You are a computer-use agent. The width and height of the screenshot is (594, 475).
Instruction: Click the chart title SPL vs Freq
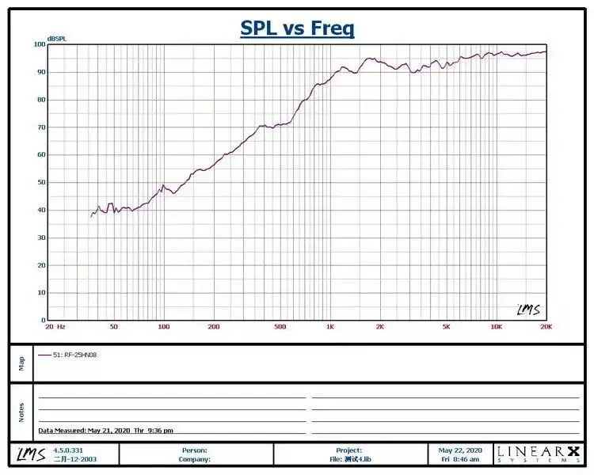(297, 29)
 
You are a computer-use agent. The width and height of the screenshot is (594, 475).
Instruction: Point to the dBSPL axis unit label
(56, 39)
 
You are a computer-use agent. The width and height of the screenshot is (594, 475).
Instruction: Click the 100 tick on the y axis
(40, 44)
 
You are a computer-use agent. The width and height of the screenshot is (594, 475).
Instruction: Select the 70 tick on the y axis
(41, 127)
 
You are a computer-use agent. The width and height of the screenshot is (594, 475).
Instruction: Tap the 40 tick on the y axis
(41, 210)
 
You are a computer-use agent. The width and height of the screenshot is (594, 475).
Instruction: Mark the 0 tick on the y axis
(43, 320)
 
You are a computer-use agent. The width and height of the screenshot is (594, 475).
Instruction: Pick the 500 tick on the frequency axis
(280, 326)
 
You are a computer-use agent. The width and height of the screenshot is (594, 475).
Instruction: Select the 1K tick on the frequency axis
(330, 326)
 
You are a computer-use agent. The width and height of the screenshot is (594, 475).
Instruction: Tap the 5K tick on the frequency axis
(446, 326)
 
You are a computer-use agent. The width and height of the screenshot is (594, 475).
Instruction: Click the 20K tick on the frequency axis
(545, 326)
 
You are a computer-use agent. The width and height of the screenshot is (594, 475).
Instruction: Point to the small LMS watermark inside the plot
(528, 310)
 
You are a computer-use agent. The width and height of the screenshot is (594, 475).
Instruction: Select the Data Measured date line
(106, 430)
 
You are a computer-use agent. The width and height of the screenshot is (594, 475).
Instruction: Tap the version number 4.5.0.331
(67, 450)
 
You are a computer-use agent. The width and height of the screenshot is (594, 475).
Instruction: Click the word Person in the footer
(194, 450)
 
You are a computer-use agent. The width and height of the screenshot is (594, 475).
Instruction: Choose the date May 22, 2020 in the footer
(462, 450)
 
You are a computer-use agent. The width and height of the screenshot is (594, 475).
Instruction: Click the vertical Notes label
(21, 412)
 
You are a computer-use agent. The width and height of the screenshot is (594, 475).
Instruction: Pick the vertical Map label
(21, 363)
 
